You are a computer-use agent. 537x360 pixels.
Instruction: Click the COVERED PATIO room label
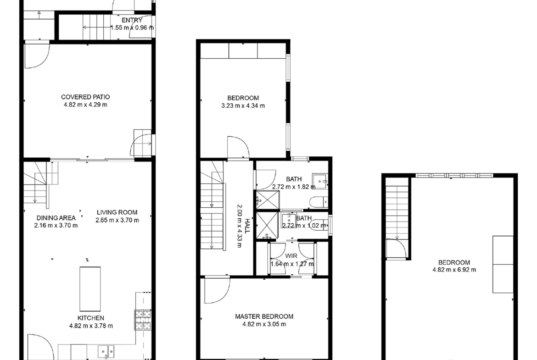coord(85,97)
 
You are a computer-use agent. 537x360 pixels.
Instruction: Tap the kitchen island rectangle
coord(90,289)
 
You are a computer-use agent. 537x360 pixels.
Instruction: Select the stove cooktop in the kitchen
coord(143,320)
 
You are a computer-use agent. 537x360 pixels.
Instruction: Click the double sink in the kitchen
coord(106,351)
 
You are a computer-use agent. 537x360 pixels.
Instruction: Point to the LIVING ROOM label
coord(117,212)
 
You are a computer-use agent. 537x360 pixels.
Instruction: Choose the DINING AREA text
coord(56,218)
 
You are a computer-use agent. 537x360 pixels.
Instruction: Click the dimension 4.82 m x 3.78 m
coord(91,326)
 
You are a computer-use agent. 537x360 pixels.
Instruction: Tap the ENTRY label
coord(132,21)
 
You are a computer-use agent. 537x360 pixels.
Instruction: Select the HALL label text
coord(246,226)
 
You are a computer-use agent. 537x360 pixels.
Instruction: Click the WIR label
coord(291,256)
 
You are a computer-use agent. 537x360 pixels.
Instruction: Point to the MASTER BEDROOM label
coord(264,316)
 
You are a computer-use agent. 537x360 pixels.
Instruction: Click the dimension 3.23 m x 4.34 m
coord(243,106)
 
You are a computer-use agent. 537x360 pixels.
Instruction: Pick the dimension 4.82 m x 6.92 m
coord(454,270)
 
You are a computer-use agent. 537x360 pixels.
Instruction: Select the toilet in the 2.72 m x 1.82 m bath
coord(319,202)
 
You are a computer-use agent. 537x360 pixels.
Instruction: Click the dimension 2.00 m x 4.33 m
coord(240,226)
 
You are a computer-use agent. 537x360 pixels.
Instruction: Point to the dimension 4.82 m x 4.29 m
coord(85,105)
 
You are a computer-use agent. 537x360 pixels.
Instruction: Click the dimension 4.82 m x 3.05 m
coord(264,324)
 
